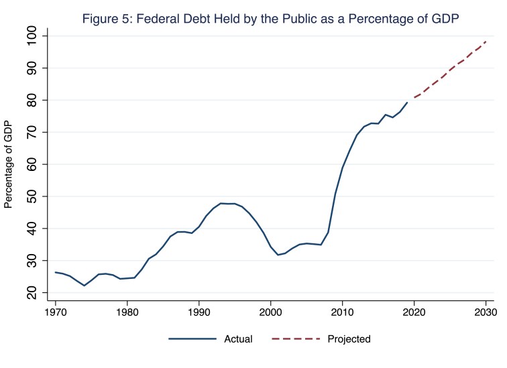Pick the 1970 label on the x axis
(x=56, y=312)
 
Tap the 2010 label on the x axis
(x=343, y=312)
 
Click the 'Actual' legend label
(x=238, y=339)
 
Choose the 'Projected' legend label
(x=349, y=339)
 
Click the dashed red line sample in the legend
(x=294, y=339)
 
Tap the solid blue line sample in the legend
(x=192, y=339)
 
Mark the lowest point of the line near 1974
(x=84, y=286)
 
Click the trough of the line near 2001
(x=278, y=255)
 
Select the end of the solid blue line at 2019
(x=407, y=103)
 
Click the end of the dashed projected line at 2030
(x=486, y=42)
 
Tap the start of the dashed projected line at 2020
(x=414, y=98)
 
